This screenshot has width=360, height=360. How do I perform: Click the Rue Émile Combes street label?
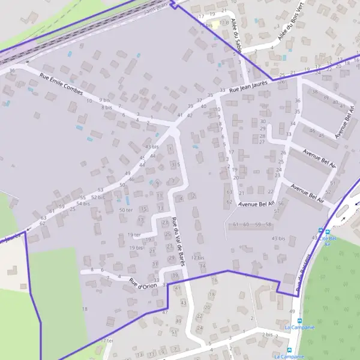(x=61, y=83)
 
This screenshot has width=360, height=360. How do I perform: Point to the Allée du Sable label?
(x=236, y=36)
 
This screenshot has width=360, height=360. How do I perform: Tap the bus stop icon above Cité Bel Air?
(x=320, y=231)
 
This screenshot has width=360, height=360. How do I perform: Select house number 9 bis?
(x=106, y=100)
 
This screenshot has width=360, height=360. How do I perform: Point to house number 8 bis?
(x=107, y=107)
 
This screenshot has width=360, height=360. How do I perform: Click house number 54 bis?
(x=83, y=203)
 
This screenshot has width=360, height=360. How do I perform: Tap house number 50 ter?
(x=125, y=209)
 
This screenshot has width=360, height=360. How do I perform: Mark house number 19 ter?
(x=134, y=235)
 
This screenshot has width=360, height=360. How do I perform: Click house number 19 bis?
(x=136, y=247)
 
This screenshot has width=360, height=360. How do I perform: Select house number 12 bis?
(x=197, y=257)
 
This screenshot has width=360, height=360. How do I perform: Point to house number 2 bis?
(x=268, y=334)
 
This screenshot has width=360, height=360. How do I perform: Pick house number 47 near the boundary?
(x=165, y=312)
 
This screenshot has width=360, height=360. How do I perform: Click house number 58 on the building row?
(x=268, y=224)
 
